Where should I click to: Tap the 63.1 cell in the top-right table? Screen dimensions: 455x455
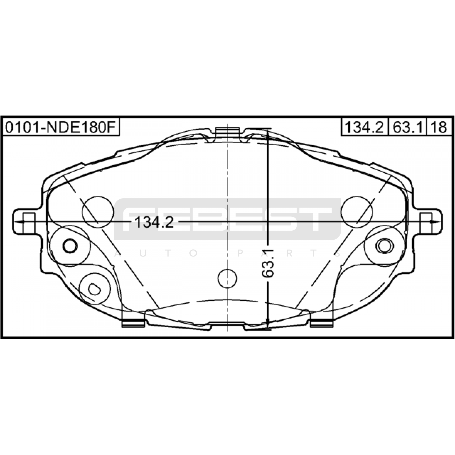408,127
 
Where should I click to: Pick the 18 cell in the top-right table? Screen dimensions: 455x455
439,127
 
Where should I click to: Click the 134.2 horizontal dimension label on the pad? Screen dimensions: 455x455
154,222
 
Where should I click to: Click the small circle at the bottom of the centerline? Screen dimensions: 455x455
227,278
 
